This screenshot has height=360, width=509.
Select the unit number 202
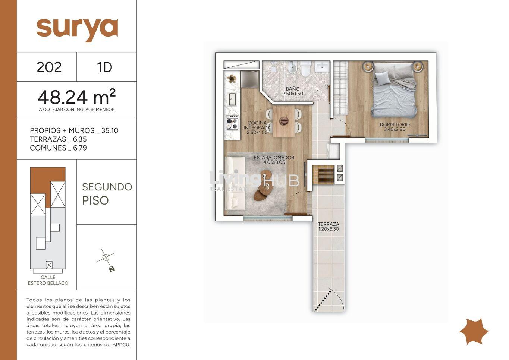pos(49,67)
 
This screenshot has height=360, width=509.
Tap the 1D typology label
pos(104,67)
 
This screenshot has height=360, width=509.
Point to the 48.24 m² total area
pos(77,97)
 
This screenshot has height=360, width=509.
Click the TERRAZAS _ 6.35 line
pos(58,139)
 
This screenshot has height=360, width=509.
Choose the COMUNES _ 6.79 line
pos(58,148)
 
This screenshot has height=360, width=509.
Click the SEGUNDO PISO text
pos(107,194)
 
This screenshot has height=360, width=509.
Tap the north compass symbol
pos(106,260)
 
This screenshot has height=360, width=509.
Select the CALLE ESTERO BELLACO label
pos(48,280)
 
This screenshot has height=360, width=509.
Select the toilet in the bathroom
pos(305,69)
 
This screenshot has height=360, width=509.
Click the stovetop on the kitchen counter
pos(232,123)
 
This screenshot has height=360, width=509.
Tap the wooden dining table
pos(283,121)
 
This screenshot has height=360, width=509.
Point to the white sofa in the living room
pos(235,183)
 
